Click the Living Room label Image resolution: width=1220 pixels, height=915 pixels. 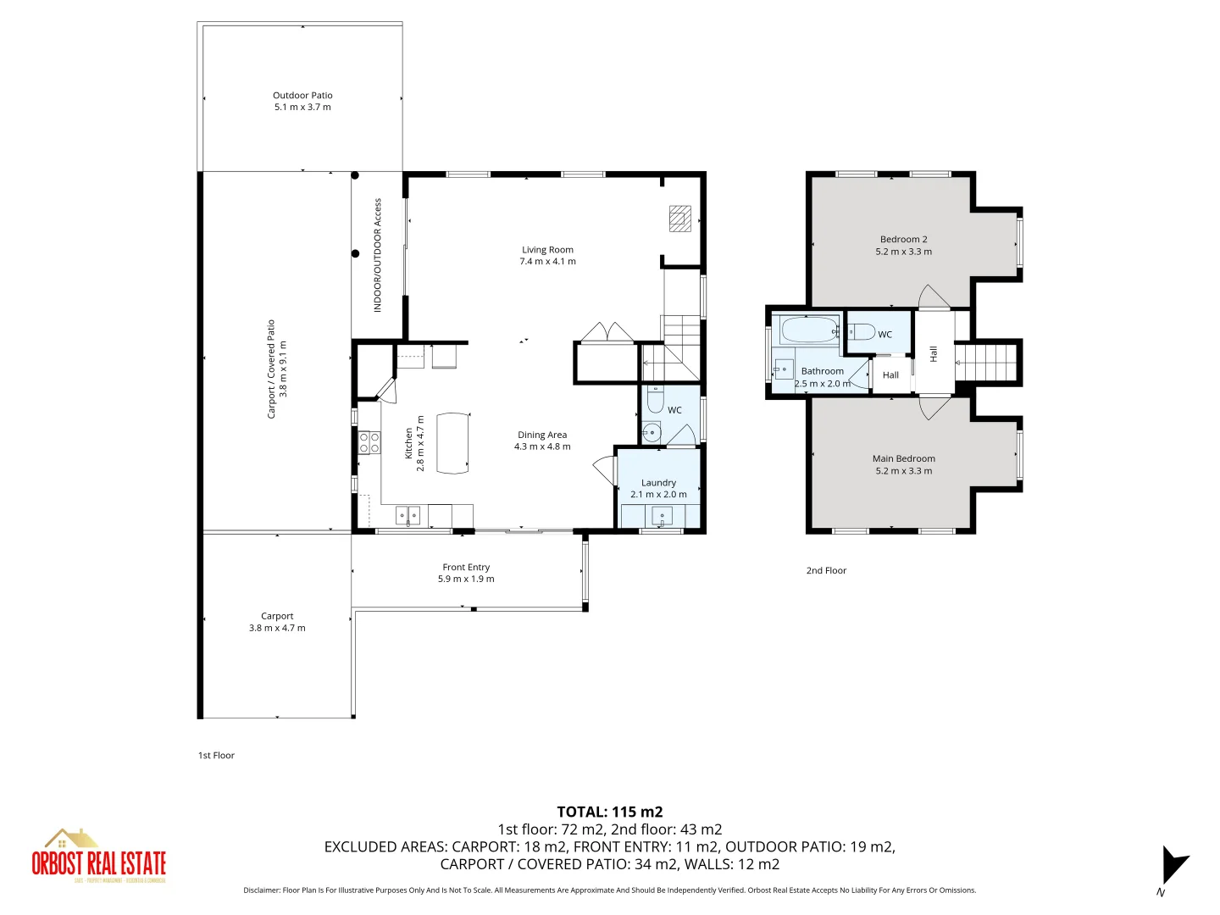coord(547,250)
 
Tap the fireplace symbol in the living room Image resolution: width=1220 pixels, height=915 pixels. coord(680,219)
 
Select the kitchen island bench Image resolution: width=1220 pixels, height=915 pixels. coord(452,442)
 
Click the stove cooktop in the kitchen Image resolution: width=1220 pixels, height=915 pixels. coord(369,442)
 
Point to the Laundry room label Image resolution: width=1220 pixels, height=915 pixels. coord(658,483)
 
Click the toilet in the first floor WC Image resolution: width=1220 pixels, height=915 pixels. coord(655,399)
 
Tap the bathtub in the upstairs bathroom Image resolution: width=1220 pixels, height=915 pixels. coord(809,330)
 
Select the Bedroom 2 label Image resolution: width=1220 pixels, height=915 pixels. coord(903,240)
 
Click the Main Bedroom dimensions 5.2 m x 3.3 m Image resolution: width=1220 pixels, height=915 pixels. coord(903,471)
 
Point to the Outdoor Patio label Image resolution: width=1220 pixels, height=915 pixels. coord(302,96)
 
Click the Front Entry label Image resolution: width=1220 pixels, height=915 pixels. coord(466,568)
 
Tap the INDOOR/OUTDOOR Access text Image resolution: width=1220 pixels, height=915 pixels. coord(378,255)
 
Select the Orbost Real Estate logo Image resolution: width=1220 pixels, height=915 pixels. coord(98,857)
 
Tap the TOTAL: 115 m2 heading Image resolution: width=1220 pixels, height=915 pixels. coord(609,812)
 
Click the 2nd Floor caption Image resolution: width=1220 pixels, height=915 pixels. coord(826,571)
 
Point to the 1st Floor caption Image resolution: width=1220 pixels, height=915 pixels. coord(216,756)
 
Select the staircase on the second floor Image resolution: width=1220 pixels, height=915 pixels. coord(987,362)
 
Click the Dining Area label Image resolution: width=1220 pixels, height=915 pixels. coord(542,435)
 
